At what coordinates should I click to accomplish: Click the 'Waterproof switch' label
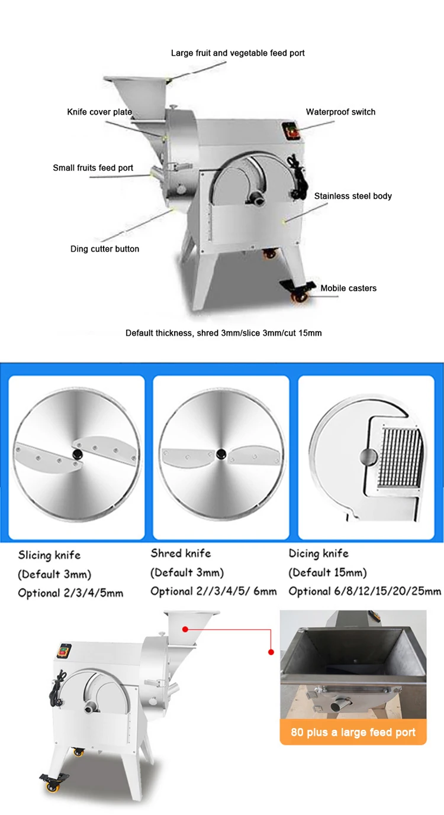tap(340, 112)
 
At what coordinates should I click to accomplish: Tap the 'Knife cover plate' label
tap(99, 112)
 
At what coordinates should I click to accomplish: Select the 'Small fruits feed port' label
tap(93, 168)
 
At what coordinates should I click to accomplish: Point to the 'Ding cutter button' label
tap(105, 249)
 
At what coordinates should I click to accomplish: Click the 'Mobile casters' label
tap(348, 289)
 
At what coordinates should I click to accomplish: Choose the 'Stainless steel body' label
tap(353, 196)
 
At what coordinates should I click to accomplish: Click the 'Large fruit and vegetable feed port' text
tap(237, 53)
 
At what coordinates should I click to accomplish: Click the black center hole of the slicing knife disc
tap(77, 453)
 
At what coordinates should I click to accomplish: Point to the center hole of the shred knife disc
tap(221, 454)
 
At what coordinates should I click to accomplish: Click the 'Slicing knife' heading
tap(49, 555)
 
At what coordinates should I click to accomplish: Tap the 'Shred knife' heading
tap(181, 554)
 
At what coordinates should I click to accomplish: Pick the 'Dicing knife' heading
tap(318, 554)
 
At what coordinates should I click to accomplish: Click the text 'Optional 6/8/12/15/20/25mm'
tap(365, 591)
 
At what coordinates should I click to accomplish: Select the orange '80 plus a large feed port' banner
tap(353, 732)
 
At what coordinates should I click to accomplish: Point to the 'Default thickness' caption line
tap(223, 333)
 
